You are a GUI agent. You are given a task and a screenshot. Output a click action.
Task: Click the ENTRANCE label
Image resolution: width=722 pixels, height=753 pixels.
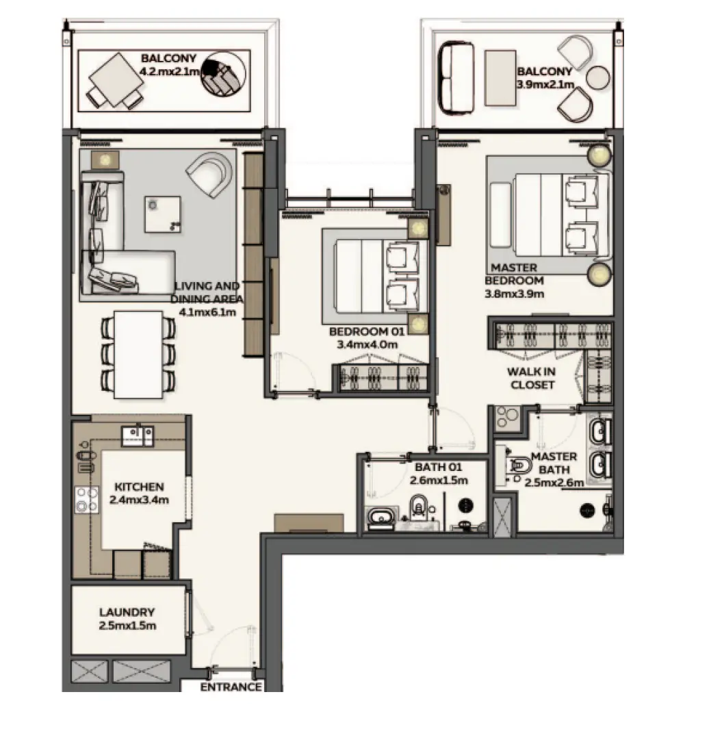point(231,687)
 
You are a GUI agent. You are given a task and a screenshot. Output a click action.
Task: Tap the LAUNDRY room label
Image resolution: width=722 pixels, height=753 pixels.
point(127,612)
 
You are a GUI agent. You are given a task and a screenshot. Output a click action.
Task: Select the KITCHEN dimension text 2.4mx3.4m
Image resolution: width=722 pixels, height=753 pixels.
point(139,500)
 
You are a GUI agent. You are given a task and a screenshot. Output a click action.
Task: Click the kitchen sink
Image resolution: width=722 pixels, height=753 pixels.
point(138,435)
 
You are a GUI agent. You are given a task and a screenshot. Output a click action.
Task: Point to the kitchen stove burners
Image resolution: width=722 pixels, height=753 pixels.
point(86,500)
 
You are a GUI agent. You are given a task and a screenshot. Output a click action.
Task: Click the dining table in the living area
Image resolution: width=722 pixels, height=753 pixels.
point(138,355)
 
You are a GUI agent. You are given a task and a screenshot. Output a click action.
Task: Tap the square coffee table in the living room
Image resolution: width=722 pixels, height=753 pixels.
point(163,214)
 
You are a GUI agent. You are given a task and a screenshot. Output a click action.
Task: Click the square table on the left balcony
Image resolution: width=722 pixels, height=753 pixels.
point(116,79)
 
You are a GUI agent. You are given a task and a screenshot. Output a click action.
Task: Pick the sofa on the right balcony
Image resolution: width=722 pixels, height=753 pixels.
point(455,78)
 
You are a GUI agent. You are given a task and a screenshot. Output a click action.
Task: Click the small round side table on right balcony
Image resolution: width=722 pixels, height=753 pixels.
point(598,77)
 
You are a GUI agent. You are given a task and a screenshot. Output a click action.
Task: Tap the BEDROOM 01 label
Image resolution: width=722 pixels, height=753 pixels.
point(368,331)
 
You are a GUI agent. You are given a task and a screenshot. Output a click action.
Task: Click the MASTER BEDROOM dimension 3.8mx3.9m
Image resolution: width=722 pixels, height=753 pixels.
point(514,294)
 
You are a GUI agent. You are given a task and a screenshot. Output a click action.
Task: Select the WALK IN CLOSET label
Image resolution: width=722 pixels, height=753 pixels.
point(532,378)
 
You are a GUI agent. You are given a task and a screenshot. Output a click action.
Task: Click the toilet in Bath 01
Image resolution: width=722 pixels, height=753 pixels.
point(418,507)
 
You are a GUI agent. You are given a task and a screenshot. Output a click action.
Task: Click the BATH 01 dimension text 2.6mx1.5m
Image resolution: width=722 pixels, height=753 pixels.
point(439,481)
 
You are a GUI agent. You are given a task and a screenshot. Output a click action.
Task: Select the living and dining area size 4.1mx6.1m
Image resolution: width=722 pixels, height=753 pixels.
point(207,312)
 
